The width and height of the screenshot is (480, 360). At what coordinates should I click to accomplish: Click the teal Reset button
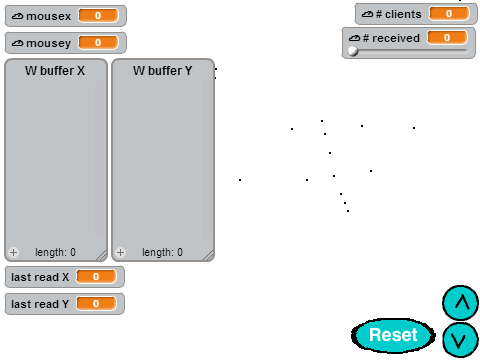tap(393, 335)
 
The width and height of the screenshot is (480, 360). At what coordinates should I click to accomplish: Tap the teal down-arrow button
tap(460, 340)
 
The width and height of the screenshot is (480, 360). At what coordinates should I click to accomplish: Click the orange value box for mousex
tap(98, 16)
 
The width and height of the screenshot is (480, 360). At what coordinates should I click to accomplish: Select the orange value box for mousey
tap(98, 43)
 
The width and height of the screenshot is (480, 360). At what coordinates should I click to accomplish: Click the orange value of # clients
tap(449, 14)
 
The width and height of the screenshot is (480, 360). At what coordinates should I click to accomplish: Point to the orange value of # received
tap(447, 38)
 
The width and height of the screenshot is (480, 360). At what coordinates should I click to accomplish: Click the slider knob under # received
tap(353, 51)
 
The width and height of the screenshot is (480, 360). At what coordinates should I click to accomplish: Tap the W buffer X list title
tap(55, 71)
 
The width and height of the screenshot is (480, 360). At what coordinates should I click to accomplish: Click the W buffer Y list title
tap(163, 71)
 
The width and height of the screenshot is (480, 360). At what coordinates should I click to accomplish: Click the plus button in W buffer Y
tap(120, 252)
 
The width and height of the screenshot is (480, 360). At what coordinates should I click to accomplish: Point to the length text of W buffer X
tap(55, 252)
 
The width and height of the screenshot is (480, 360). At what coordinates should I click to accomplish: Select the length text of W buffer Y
tap(162, 252)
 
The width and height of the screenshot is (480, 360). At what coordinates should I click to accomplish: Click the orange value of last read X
tap(96, 277)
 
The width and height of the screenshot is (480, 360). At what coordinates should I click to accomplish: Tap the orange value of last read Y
tap(96, 304)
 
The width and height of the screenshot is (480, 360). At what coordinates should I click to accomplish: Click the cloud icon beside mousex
tap(17, 16)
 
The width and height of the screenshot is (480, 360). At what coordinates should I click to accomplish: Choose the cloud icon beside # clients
tap(368, 14)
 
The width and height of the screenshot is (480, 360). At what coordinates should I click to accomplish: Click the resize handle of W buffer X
tap(102, 255)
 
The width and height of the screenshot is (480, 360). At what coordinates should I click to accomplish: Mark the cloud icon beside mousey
tap(17, 43)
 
